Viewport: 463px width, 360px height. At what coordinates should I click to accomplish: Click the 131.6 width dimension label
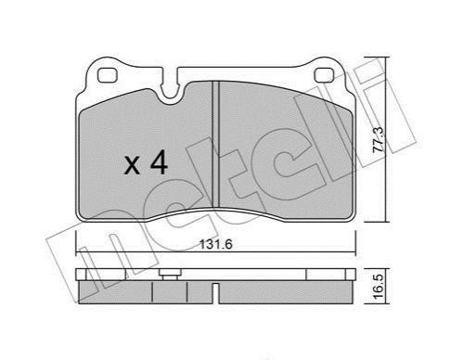pos(216,245)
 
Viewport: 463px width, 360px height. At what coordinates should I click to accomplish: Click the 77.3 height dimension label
pos(379,139)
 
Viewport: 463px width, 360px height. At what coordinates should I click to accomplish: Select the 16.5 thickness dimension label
pos(379,286)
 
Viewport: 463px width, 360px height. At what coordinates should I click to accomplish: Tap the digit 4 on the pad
pos(159,164)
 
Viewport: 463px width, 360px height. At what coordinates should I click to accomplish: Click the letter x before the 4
pos(132,166)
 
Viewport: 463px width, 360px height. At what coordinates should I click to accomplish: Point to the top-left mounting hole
pos(107,75)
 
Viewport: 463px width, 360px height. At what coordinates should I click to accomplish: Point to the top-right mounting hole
pos(324,75)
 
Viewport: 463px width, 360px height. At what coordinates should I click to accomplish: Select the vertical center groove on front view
pos(216,144)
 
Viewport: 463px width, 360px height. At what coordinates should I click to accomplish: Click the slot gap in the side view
pos(216,293)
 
